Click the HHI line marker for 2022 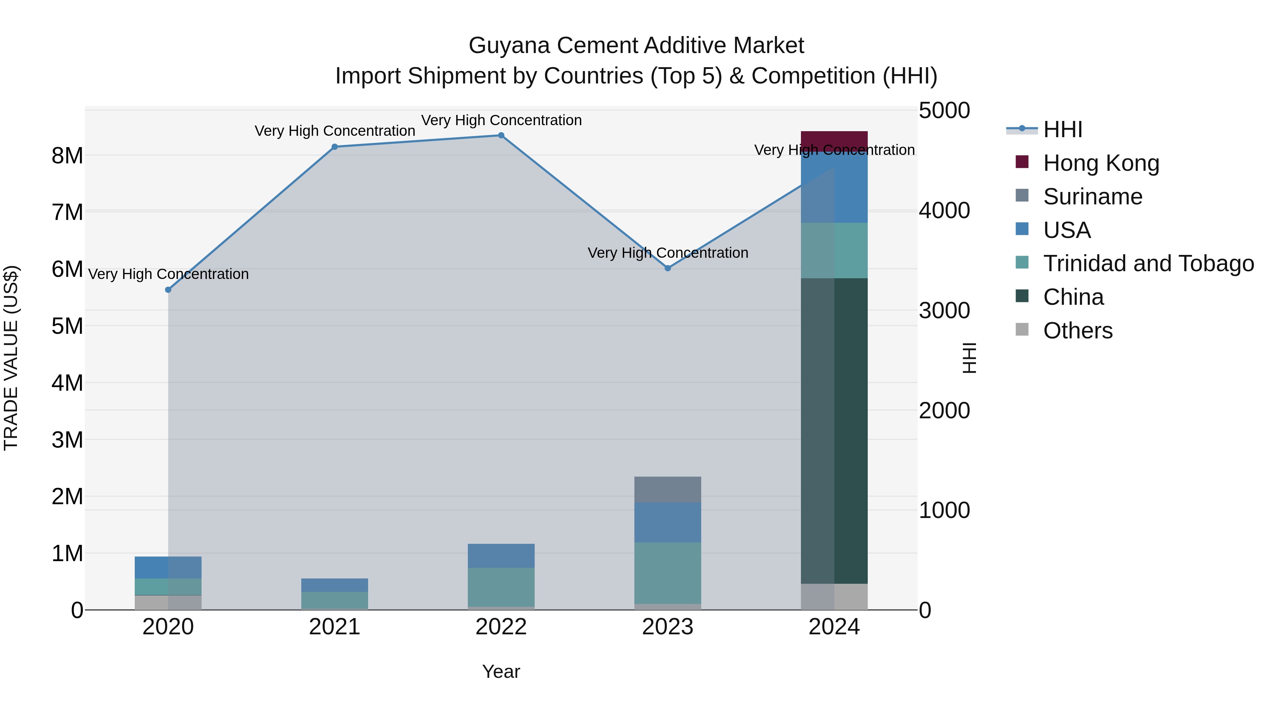click(x=501, y=135)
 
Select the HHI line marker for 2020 click(x=168, y=290)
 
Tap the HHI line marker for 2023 click(x=668, y=268)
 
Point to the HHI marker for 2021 click(x=335, y=147)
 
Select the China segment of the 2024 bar click(x=834, y=430)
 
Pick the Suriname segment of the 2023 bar click(x=668, y=489)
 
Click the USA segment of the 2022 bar click(x=501, y=556)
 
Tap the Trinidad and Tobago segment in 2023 click(x=668, y=573)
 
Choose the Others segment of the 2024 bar click(x=834, y=596)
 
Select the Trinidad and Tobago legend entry click(x=1148, y=263)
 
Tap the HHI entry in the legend click(x=1063, y=129)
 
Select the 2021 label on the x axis click(x=335, y=627)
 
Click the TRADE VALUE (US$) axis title click(x=11, y=358)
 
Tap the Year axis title click(x=501, y=671)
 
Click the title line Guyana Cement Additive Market click(x=636, y=46)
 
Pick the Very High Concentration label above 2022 click(x=501, y=120)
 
